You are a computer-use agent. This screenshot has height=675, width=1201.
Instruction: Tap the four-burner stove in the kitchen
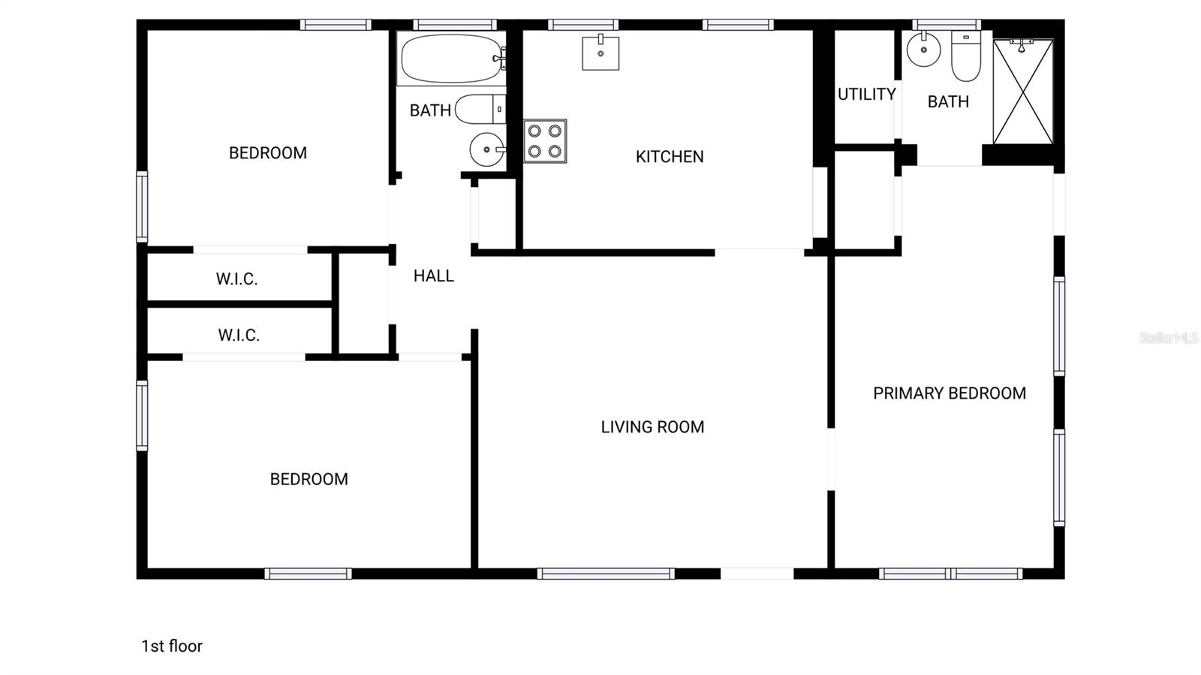click(545, 141)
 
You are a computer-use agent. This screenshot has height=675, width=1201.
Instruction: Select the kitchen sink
click(600, 53)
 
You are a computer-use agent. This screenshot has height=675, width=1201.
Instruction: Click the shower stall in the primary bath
click(1023, 92)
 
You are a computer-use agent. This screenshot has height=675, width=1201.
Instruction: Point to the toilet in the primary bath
click(966, 56)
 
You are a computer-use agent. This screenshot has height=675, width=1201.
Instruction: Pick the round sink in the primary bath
click(924, 50)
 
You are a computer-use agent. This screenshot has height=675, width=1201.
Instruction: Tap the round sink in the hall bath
click(486, 149)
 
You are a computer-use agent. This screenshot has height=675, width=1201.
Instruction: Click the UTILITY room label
click(866, 95)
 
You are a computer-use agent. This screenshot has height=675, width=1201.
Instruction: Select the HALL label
click(434, 276)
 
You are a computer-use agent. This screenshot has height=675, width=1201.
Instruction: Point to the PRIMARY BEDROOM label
click(950, 393)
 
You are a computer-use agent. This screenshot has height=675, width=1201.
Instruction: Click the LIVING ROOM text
click(652, 427)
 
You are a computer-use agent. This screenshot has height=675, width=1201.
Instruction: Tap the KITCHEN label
click(670, 157)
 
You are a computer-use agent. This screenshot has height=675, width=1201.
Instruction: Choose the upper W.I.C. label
click(237, 279)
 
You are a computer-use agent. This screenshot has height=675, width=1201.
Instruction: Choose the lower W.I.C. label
click(239, 335)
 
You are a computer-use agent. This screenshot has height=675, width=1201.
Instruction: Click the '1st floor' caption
click(172, 646)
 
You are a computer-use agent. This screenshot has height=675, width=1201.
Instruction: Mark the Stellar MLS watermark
click(1168, 338)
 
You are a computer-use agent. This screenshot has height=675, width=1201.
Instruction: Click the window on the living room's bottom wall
click(606, 574)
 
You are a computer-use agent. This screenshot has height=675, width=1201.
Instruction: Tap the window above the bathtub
click(455, 25)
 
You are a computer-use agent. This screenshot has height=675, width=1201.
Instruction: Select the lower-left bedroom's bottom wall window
click(308, 574)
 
